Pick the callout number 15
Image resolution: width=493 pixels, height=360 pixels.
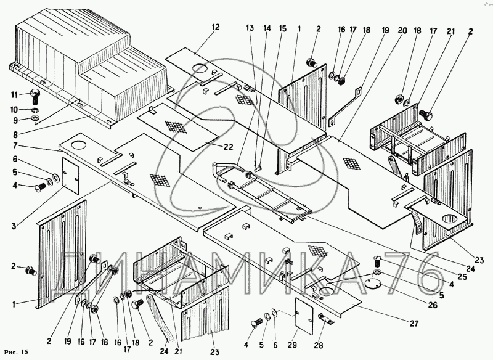pyautogui.click(x=282, y=29)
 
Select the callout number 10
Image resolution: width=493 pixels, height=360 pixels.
pyautogui.click(x=14, y=109)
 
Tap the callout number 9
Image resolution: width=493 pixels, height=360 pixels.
pyautogui.click(x=14, y=118)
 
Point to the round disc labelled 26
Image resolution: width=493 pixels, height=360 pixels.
pyautogui.click(x=389, y=283)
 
